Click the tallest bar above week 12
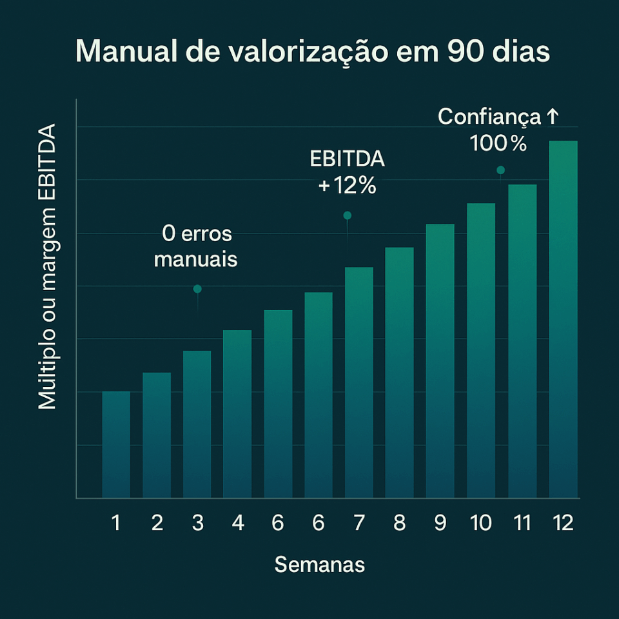pyautogui.click(x=563, y=319)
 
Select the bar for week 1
pyautogui.click(x=116, y=444)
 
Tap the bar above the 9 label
pyautogui.click(x=440, y=361)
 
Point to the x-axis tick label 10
pyautogui.click(x=481, y=523)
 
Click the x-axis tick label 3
pyautogui.click(x=197, y=523)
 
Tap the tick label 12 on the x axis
pyautogui.click(x=562, y=523)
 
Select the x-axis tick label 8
pyautogui.click(x=399, y=523)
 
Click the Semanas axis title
pyautogui.click(x=320, y=565)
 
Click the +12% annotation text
pyautogui.click(x=347, y=186)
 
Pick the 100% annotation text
pyautogui.click(x=498, y=143)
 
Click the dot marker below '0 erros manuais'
pyautogui.click(x=197, y=289)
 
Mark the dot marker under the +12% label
pyautogui.click(x=347, y=215)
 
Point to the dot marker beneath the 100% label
pyautogui.click(x=500, y=170)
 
